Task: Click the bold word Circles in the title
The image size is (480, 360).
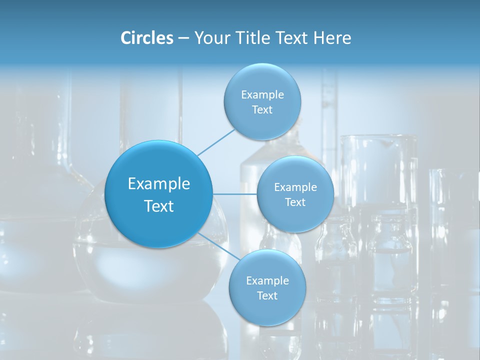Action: click(146, 38)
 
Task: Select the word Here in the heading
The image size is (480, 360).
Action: click(332, 38)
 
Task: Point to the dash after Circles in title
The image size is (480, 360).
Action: click(183, 38)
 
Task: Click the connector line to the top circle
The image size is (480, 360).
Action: click(216, 142)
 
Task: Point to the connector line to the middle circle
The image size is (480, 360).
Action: click(235, 193)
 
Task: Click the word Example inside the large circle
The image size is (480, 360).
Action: click(159, 184)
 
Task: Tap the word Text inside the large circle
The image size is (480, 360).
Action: click(159, 206)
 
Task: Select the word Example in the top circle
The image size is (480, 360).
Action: click(262, 95)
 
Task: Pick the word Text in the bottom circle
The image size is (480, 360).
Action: click(267, 295)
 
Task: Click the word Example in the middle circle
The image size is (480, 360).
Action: click(295, 187)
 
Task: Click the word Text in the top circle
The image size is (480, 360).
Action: click(262, 110)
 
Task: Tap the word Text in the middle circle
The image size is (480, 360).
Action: click(295, 202)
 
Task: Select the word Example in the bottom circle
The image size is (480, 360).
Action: click(267, 280)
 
